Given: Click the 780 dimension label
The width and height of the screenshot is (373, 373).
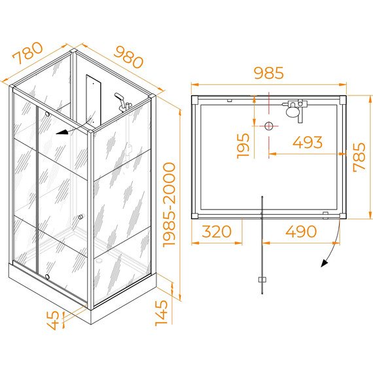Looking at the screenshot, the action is click(x=28, y=53).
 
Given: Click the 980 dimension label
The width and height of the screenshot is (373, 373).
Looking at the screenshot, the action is click(x=129, y=57).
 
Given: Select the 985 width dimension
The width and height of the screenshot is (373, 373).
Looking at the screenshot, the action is click(x=269, y=73).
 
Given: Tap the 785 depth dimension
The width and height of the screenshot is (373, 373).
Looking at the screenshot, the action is click(x=359, y=157).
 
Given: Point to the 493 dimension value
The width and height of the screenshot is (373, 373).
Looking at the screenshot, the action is click(x=308, y=142).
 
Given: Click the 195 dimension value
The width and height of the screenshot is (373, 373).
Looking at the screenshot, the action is click(x=243, y=145).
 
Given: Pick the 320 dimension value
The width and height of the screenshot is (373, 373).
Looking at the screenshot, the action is click(x=217, y=231).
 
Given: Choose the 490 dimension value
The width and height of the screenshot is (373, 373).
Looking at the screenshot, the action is click(x=301, y=231).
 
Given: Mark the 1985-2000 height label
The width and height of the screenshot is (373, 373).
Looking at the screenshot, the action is click(x=169, y=205).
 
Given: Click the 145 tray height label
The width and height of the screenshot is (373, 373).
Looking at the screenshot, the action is click(x=161, y=313).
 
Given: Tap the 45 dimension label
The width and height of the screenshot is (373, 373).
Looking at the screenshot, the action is click(x=53, y=320).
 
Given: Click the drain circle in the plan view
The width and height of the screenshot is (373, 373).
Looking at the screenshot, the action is click(x=269, y=126).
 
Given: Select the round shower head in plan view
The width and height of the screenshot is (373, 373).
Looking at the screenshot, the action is click(x=292, y=111).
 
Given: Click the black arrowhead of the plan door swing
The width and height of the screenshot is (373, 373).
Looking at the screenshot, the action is click(x=324, y=263).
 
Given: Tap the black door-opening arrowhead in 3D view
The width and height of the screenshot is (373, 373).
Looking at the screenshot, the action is click(x=62, y=132).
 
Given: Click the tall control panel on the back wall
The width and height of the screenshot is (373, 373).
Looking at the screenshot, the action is click(x=94, y=100).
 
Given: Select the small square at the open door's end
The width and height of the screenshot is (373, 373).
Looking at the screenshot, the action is click(x=262, y=279).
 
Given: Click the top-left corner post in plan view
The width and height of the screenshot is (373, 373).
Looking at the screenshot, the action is click(x=195, y=99).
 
